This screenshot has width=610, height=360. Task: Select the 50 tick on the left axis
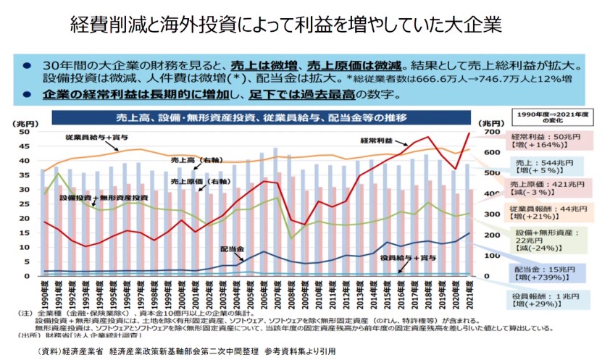coord(25,133)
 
